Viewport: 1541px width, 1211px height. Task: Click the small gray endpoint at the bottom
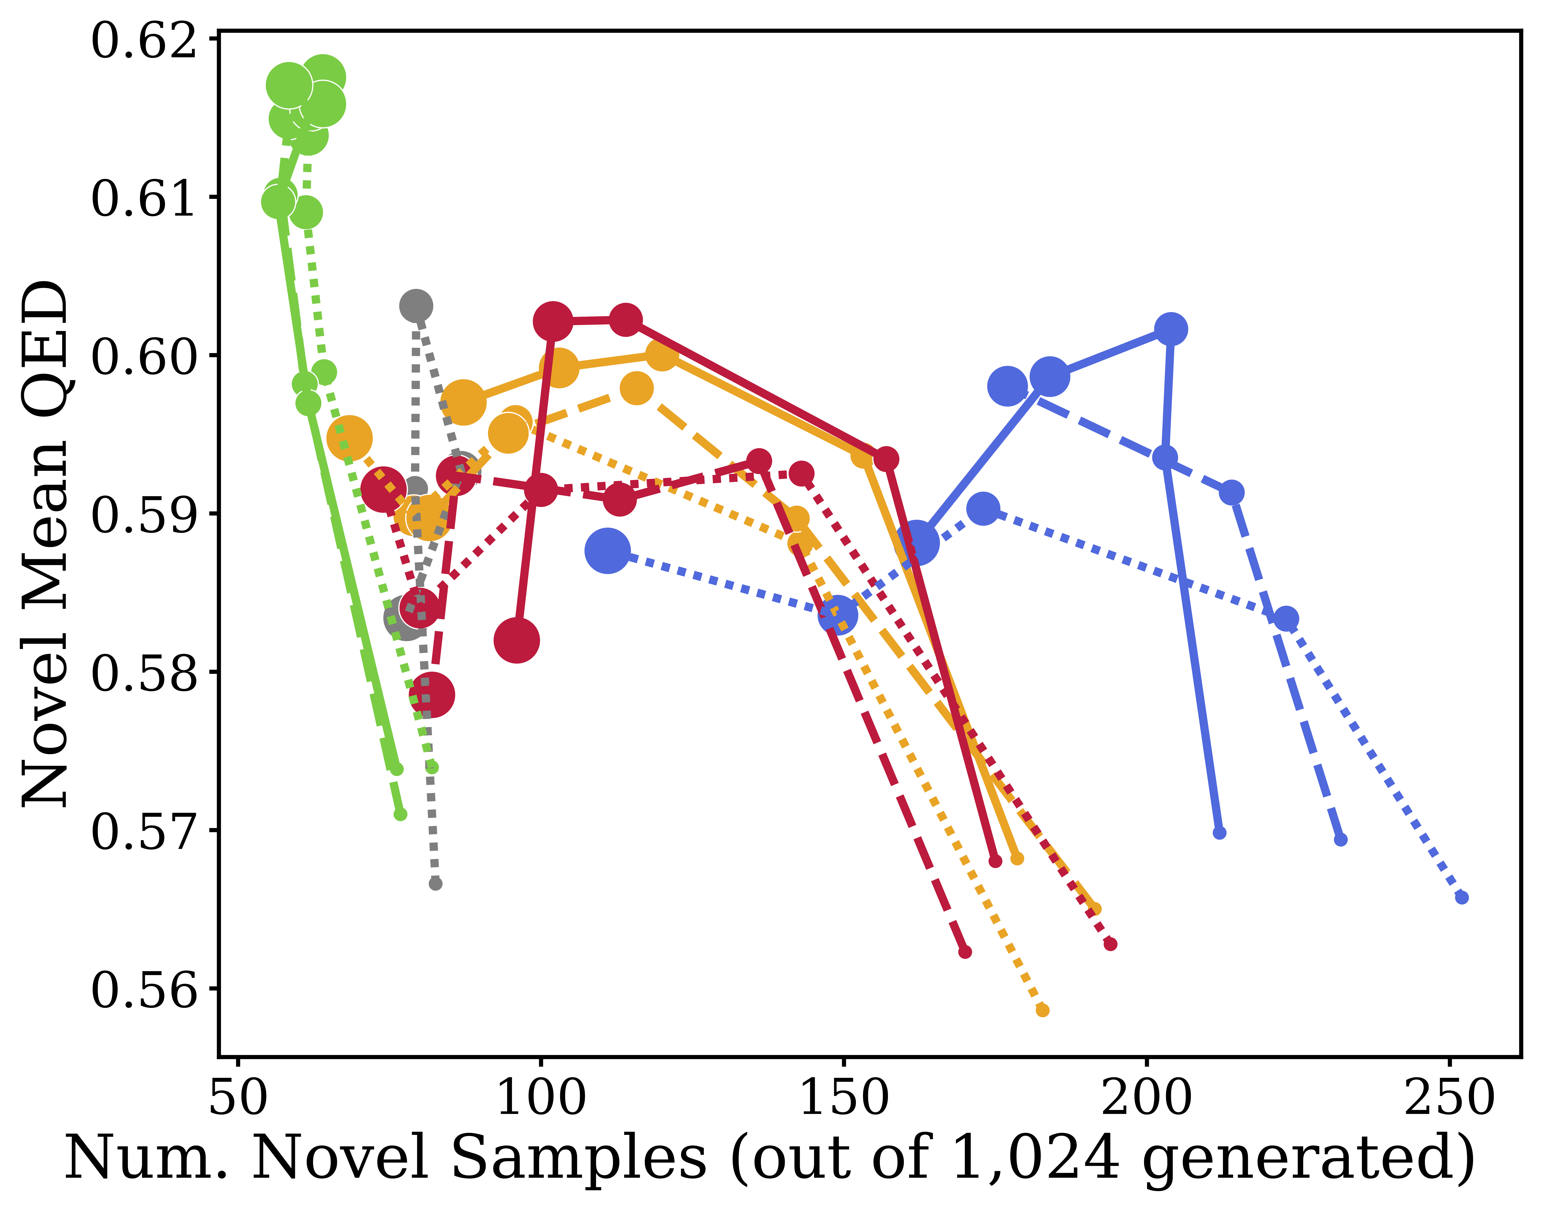tap(435, 883)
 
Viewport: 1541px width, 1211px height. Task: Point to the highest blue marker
tap(1171, 329)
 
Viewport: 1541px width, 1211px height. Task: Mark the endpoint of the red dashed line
tap(965, 951)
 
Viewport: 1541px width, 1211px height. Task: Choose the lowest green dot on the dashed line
tap(401, 814)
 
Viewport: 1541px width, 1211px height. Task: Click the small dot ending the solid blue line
tap(1219, 832)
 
